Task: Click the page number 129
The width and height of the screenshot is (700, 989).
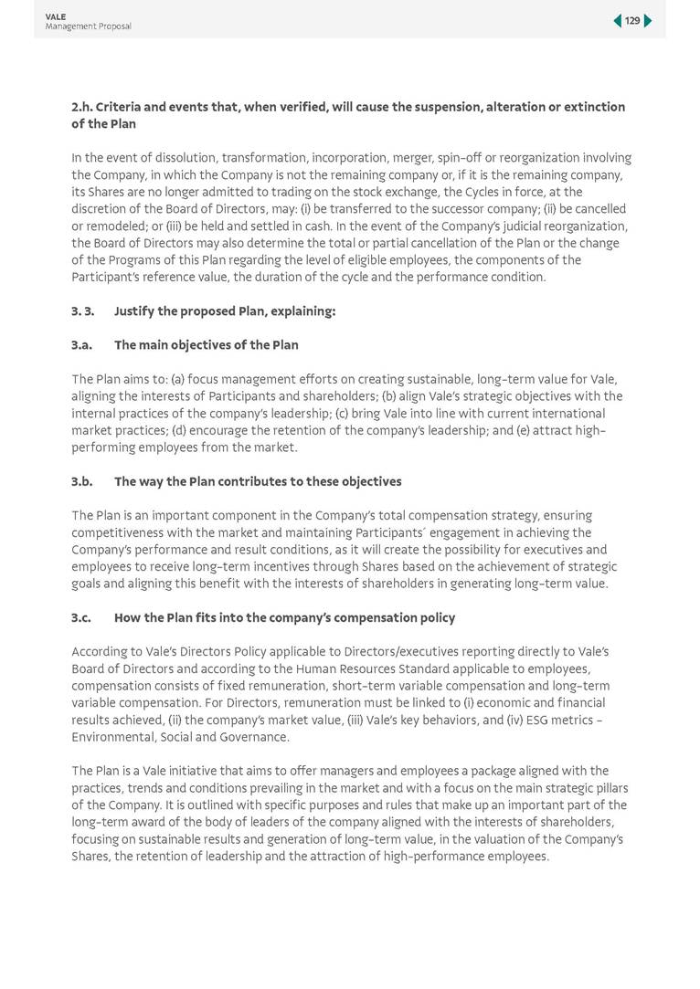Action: click(632, 20)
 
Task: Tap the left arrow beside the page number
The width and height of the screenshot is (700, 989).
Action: click(618, 20)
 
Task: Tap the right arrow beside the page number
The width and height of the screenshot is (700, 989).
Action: click(648, 20)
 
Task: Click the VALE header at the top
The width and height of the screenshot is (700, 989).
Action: click(56, 16)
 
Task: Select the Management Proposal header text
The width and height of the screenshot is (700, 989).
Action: click(88, 26)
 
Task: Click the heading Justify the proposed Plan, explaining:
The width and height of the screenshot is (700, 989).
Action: click(225, 311)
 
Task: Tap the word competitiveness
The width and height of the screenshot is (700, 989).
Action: click(119, 532)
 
